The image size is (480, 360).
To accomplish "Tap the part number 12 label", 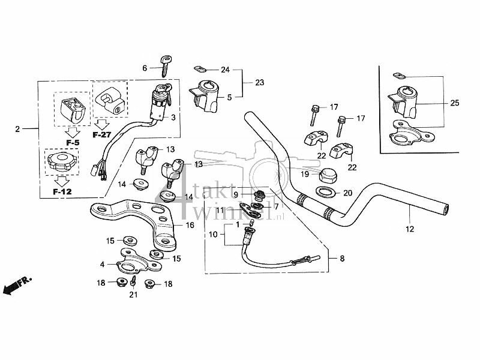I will click(x=410, y=228).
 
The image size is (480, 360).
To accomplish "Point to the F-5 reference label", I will click(x=73, y=143).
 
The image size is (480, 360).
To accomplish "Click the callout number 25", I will click(x=455, y=103).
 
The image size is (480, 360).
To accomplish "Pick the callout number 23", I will click(x=259, y=83).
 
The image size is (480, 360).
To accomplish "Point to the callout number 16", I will click(x=190, y=226).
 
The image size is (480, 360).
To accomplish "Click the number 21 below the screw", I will click(x=134, y=295).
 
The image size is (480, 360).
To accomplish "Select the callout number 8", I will click(x=342, y=259).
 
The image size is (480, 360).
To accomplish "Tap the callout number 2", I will click(x=17, y=129).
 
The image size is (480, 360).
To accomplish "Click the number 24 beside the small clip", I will click(x=225, y=70).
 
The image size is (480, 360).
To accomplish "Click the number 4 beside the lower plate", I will click(x=103, y=263).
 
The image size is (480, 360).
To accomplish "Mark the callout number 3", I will click(x=174, y=118).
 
